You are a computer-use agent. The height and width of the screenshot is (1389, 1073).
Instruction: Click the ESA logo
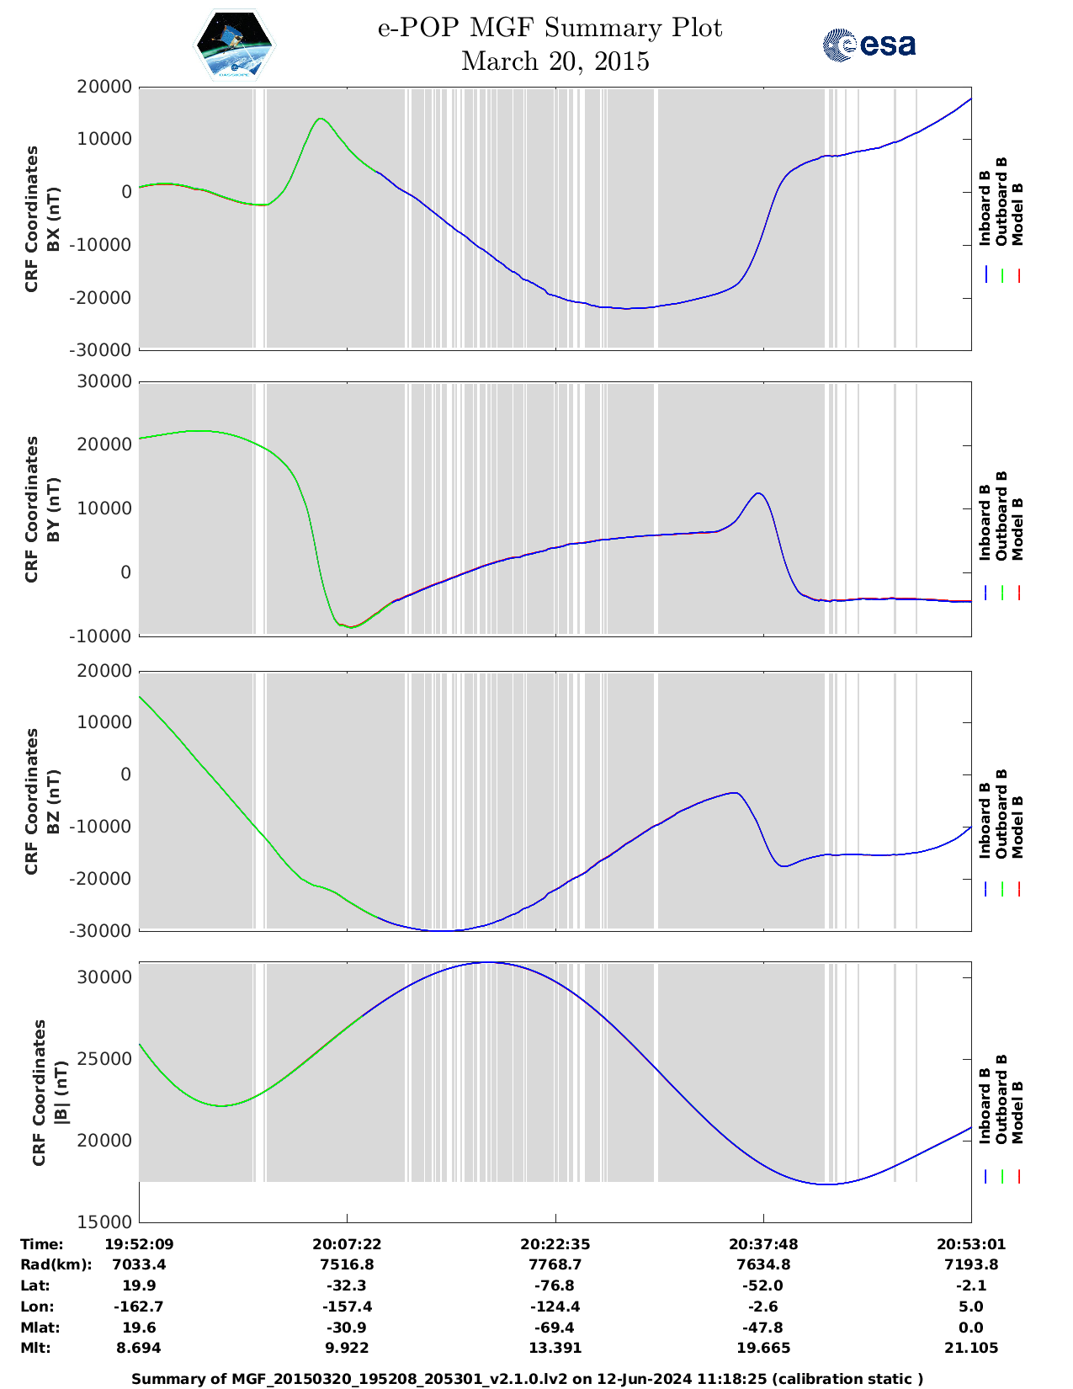pos(869,45)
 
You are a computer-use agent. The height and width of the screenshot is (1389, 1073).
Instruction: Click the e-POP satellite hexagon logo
pos(234,45)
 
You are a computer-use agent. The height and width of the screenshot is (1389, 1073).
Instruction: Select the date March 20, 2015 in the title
pos(555,61)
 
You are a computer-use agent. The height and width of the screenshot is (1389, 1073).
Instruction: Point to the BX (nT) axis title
pos(53,219)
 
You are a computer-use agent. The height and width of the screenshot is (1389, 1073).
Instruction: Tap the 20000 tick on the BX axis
pos(104,87)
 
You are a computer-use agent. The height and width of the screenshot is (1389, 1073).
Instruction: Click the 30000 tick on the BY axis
pos(104,381)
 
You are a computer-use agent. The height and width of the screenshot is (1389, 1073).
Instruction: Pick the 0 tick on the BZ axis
pos(126,774)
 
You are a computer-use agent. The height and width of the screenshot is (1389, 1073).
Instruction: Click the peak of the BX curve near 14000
pos(320,119)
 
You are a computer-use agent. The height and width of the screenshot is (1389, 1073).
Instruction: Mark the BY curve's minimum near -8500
pos(352,627)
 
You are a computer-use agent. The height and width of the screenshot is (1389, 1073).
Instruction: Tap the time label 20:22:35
pos(555,1244)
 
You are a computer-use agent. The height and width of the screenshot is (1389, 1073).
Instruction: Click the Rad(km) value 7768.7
pos(555,1264)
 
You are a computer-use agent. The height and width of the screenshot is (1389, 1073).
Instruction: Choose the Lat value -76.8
pos(555,1285)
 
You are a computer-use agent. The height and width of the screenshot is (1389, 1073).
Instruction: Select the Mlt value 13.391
pos(555,1348)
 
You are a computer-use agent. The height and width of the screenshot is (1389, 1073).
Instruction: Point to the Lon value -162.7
pos(139,1307)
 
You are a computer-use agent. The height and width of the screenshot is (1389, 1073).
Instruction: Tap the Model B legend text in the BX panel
pos(1017,214)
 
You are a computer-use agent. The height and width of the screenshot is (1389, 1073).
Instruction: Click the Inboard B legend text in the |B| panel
pos(985,1105)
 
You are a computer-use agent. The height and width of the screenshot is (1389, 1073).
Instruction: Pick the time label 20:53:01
pos(971,1244)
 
